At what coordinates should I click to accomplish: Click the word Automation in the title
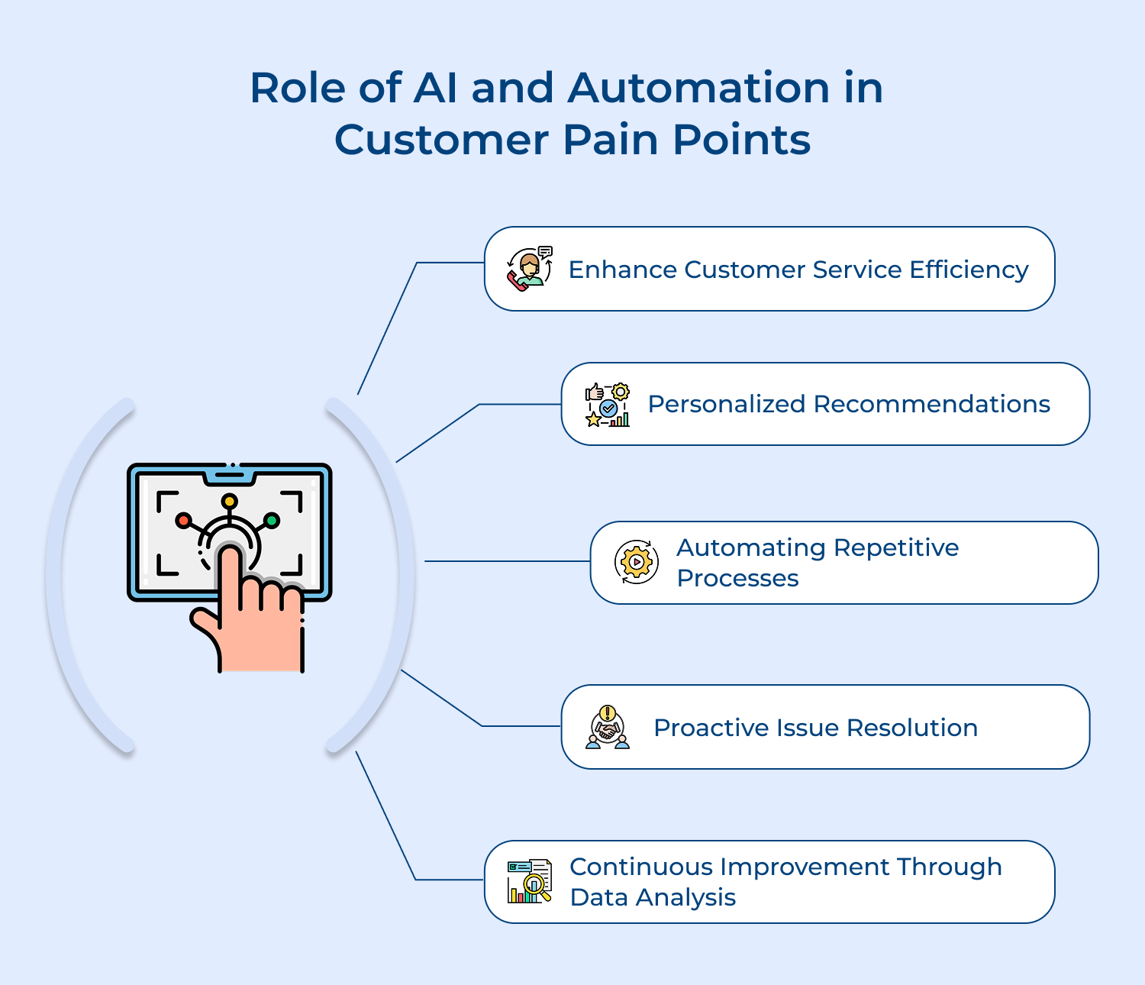point(698,88)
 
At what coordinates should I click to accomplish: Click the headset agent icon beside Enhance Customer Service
point(529,269)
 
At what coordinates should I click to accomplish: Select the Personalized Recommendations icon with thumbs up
point(608,405)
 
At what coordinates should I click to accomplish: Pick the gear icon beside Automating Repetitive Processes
point(636,563)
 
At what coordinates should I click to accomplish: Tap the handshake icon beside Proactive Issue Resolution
point(608,727)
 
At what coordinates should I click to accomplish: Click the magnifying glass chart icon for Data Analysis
point(529,881)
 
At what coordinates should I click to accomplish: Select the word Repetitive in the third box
point(896,547)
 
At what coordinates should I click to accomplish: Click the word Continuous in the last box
point(641,867)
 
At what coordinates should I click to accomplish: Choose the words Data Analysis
point(653,897)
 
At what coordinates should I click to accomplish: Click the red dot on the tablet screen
point(183,520)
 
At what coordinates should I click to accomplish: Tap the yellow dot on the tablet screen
point(229,502)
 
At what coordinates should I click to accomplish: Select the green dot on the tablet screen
point(272,521)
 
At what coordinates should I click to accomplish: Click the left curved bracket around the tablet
point(65,573)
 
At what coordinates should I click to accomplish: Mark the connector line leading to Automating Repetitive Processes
point(507,561)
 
